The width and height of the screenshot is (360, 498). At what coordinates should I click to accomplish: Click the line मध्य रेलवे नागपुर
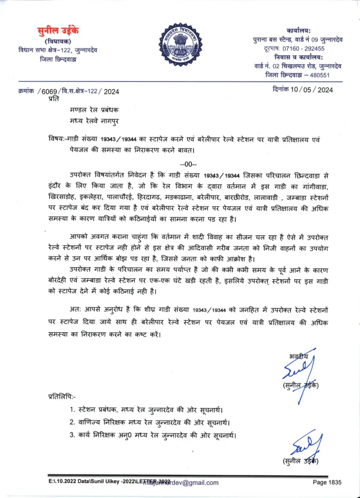[x=93, y=121]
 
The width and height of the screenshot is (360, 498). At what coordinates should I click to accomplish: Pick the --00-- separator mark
[x=188, y=163]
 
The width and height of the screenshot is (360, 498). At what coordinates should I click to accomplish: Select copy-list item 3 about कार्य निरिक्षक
[x=153, y=435]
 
